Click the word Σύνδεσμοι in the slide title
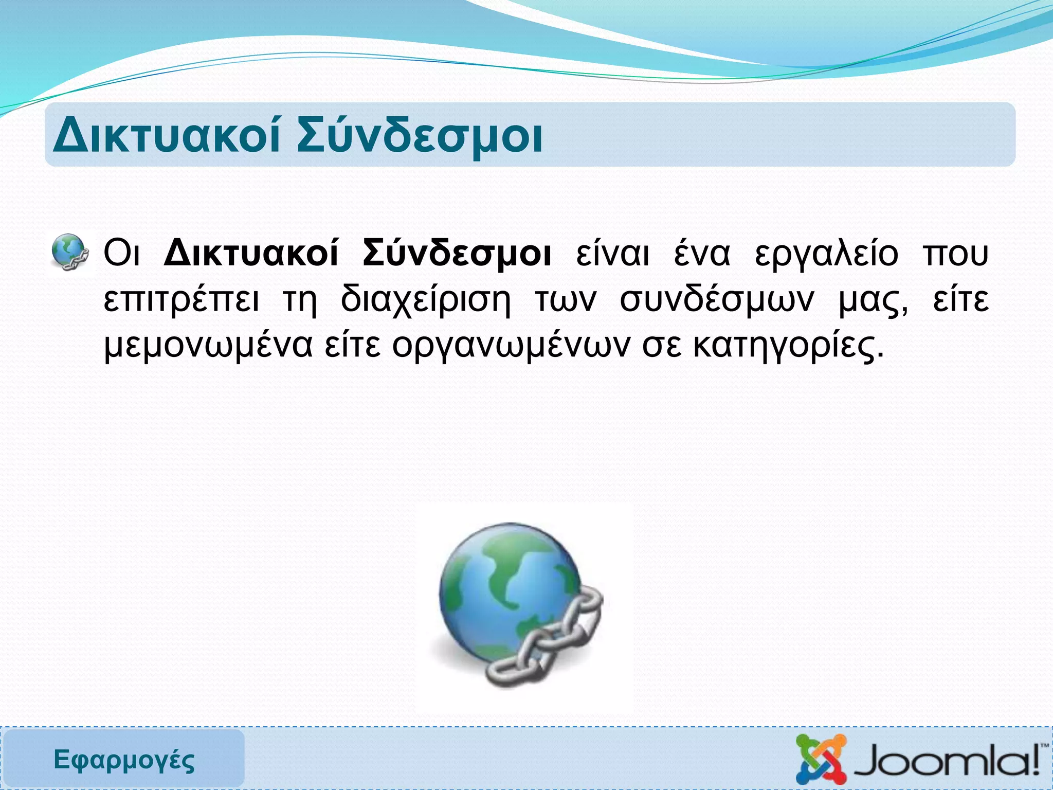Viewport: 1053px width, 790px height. click(420, 136)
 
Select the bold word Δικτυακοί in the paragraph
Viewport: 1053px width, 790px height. click(251, 253)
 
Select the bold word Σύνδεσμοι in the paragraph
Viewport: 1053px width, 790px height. click(457, 253)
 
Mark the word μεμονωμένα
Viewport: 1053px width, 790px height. click(208, 346)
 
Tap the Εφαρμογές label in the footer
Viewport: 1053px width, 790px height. click(124, 760)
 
